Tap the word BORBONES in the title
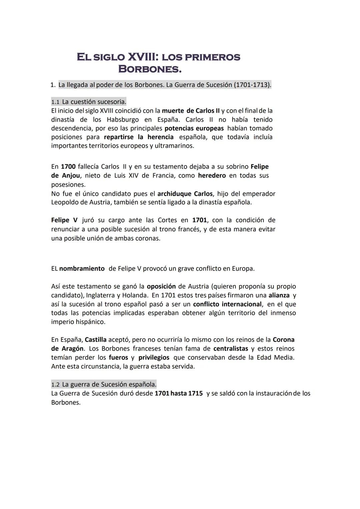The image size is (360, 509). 150,69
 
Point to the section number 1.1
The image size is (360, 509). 55,102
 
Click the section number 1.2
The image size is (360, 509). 55,384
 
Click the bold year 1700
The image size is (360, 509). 68,166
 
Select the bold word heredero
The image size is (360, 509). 212,175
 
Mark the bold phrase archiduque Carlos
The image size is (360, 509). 185,194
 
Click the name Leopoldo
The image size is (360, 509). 66,202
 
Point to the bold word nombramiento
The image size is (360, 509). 82,269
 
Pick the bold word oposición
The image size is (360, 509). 161,286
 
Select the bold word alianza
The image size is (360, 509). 279,295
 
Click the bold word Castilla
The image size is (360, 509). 96,340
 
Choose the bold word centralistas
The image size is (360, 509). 231,349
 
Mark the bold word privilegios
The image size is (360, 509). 154,358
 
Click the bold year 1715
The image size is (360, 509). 195,393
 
